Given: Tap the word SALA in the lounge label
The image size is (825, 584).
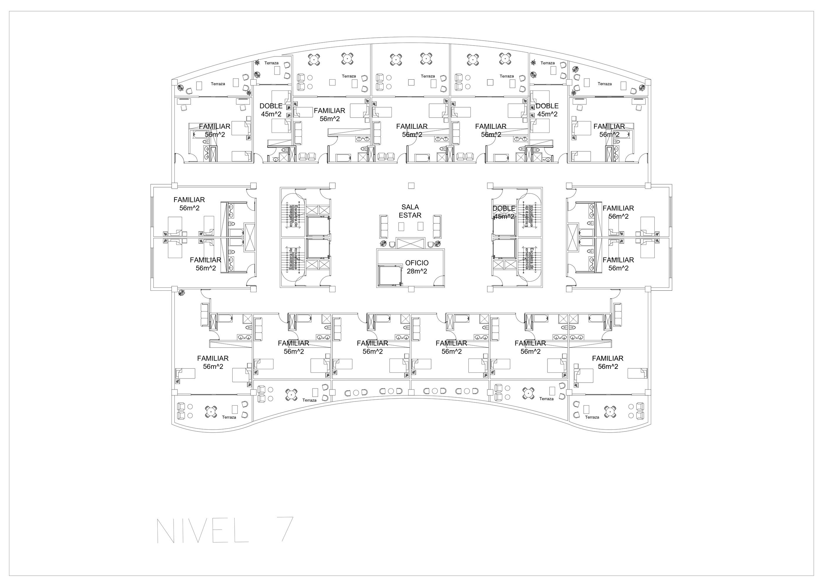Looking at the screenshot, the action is point(410,207).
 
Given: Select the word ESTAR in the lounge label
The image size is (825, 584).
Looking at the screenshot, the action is point(410,215).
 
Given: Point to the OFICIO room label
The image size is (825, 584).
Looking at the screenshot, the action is point(417,263).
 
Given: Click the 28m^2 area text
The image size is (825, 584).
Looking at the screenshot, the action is point(417,272).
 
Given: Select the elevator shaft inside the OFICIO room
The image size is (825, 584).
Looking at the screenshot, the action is point(389,275).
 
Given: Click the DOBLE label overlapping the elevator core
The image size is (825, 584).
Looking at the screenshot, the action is point(504,209).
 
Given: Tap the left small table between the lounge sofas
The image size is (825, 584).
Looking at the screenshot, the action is point(401,227).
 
